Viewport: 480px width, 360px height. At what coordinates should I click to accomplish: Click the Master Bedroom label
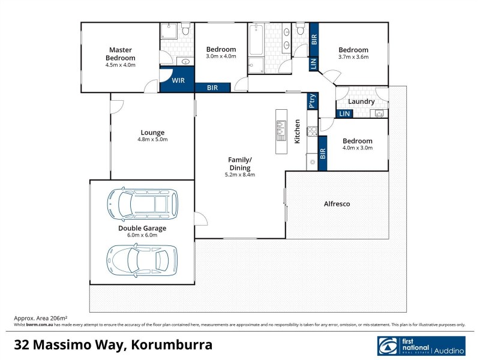[121, 53]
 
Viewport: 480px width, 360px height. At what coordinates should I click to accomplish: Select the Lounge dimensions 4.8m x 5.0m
[152, 139]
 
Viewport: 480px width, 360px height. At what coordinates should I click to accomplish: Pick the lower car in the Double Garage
[142, 259]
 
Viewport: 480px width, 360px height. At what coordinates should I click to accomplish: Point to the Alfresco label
[337, 204]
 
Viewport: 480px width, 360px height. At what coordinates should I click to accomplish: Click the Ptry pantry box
[311, 102]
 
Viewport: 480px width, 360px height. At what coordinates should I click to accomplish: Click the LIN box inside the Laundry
[344, 114]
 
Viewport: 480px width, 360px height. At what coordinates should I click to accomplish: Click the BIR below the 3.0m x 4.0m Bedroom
[212, 88]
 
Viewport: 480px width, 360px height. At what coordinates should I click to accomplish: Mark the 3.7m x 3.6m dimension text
[353, 57]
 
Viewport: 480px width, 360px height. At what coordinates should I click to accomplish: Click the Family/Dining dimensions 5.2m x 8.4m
[240, 175]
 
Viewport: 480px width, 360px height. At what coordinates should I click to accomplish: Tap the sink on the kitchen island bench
[280, 127]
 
